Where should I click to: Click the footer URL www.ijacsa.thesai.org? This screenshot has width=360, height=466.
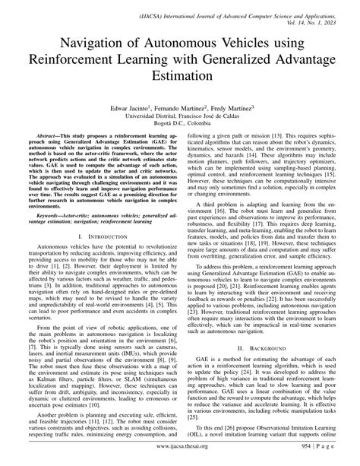tap(179, 447)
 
